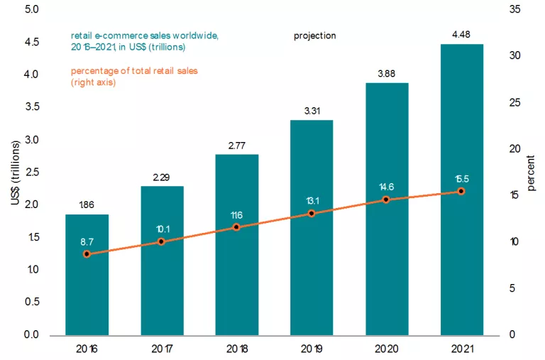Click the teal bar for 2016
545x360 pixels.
(x=87, y=284)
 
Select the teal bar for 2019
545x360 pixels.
(x=312, y=270)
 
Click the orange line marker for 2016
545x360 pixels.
(x=87, y=253)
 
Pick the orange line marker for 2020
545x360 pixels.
(x=387, y=200)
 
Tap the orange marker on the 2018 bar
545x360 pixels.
(x=237, y=227)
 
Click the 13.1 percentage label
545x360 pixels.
(x=312, y=200)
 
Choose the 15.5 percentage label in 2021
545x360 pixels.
(x=461, y=178)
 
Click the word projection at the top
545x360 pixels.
(x=315, y=36)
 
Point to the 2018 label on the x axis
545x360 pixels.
(x=237, y=350)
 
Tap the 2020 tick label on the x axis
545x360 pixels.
(x=387, y=350)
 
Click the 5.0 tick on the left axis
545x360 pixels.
(x=32, y=10)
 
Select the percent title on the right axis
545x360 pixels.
(x=532, y=183)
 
